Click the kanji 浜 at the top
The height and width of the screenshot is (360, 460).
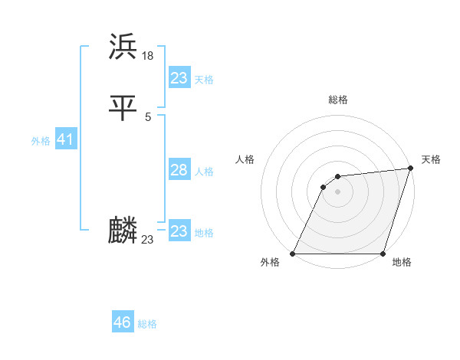pos(123,47)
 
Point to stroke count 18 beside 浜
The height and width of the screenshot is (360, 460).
pos(148,56)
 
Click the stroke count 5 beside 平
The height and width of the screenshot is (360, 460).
pos(148,116)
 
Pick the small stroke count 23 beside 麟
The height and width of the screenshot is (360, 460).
pos(148,240)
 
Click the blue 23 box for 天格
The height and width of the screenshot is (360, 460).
pos(179,78)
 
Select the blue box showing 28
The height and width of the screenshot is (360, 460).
pos(179,170)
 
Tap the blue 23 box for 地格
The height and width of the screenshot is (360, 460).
pos(179,231)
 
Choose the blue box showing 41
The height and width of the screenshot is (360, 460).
pos(65,140)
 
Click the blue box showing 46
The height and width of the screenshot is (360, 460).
pos(122,322)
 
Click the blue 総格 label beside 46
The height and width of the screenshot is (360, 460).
pos(147,324)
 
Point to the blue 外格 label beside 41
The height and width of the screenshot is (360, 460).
pos(41,141)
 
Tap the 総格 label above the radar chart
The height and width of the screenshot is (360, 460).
pos(337,100)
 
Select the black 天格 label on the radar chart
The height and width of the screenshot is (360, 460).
pos(431,159)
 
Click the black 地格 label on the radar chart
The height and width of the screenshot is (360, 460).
pos(402,263)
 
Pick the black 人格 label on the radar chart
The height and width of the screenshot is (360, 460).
pos(245,159)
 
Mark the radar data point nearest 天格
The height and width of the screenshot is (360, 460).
pos(410,169)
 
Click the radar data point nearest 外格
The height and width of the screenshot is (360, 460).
pos(292,254)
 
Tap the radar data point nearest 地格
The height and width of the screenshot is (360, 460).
pos(383,254)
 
